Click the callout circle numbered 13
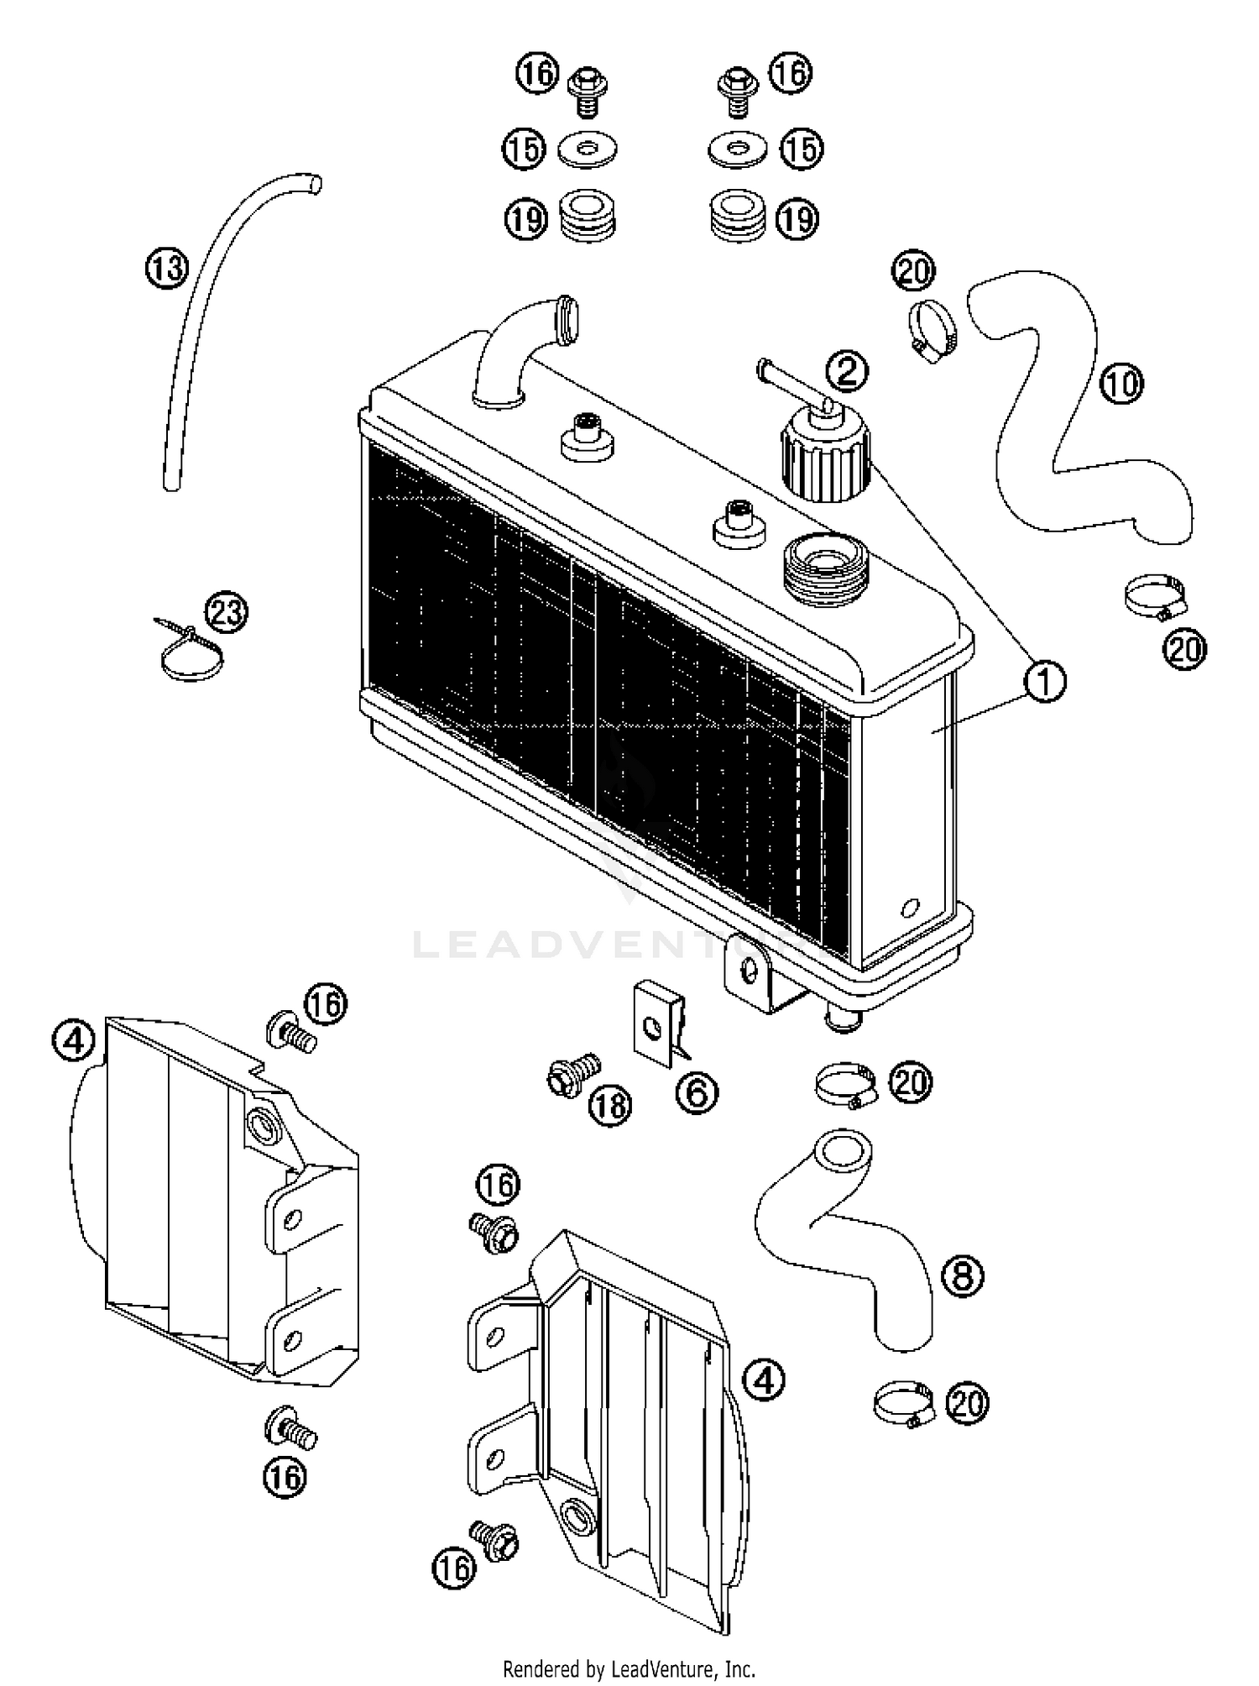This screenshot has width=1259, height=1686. click(x=166, y=269)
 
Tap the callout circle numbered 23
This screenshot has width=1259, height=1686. click(x=227, y=612)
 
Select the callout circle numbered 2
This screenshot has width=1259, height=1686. click(x=847, y=369)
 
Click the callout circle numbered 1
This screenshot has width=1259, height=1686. click(x=1044, y=681)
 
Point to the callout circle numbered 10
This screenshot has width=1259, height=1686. click(x=1121, y=384)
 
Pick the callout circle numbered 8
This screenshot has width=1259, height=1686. click(x=962, y=1276)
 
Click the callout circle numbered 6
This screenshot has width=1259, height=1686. click(x=697, y=1092)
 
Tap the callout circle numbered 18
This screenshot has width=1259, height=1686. click(x=609, y=1105)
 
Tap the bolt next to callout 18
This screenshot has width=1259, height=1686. click(x=572, y=1074)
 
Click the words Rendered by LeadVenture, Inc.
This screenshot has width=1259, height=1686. click(x=629, y=1668)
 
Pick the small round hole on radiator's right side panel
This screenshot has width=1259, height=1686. click(x=909, y=907)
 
